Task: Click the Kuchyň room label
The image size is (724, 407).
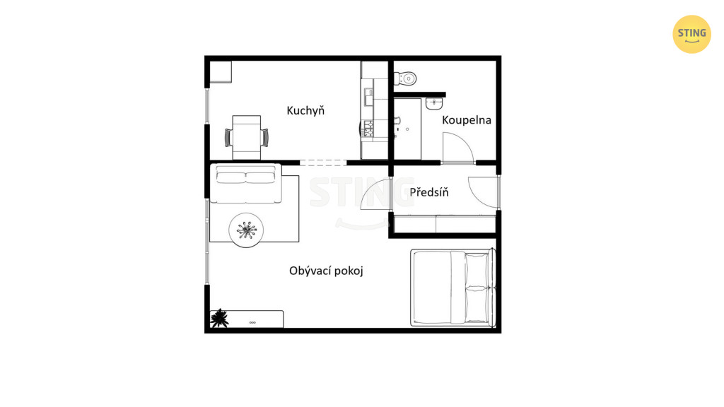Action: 305,111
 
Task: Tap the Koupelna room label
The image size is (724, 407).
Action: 467,120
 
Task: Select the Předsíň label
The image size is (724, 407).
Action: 429,191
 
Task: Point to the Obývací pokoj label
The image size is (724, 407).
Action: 326,271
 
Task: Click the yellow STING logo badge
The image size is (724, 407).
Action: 691,34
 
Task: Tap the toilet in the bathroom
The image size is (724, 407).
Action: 405,78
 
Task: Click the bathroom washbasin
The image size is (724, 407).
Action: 434,103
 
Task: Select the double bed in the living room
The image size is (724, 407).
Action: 453,288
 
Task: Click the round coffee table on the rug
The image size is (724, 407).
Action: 246,230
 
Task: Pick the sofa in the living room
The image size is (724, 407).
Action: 245,184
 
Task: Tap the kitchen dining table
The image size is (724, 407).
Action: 247,138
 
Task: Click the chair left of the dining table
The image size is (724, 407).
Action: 228,138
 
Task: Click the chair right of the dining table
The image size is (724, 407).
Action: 264,138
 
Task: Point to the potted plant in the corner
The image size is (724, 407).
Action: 219,319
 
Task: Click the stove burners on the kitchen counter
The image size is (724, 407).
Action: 368,129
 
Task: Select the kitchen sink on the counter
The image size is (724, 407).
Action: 369,98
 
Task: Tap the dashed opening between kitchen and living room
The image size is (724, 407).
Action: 322,163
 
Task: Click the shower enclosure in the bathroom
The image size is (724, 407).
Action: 407,129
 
